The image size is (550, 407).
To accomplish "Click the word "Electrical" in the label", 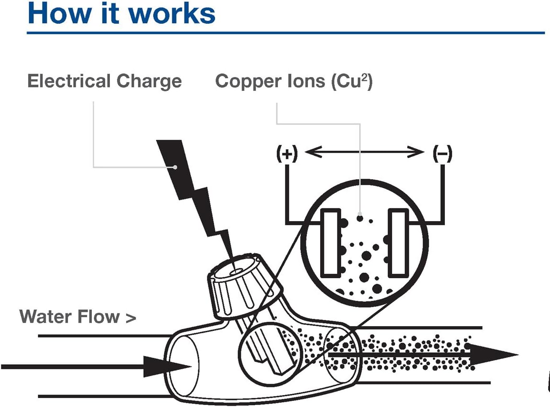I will click(x=64, y=81).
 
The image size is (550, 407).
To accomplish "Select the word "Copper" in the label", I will click(x=246, y=81).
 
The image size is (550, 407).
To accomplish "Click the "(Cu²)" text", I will click(x=351, y=81).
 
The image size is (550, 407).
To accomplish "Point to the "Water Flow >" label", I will click(x=78, y=316).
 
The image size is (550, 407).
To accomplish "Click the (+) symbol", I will click(x=286, y=154).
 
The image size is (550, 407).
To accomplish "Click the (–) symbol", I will click(x=442, y=154).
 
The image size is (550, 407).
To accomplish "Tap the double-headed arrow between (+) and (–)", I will click(x=364, y=152).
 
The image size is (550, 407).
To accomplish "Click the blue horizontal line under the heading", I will click(x=285, y=33).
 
